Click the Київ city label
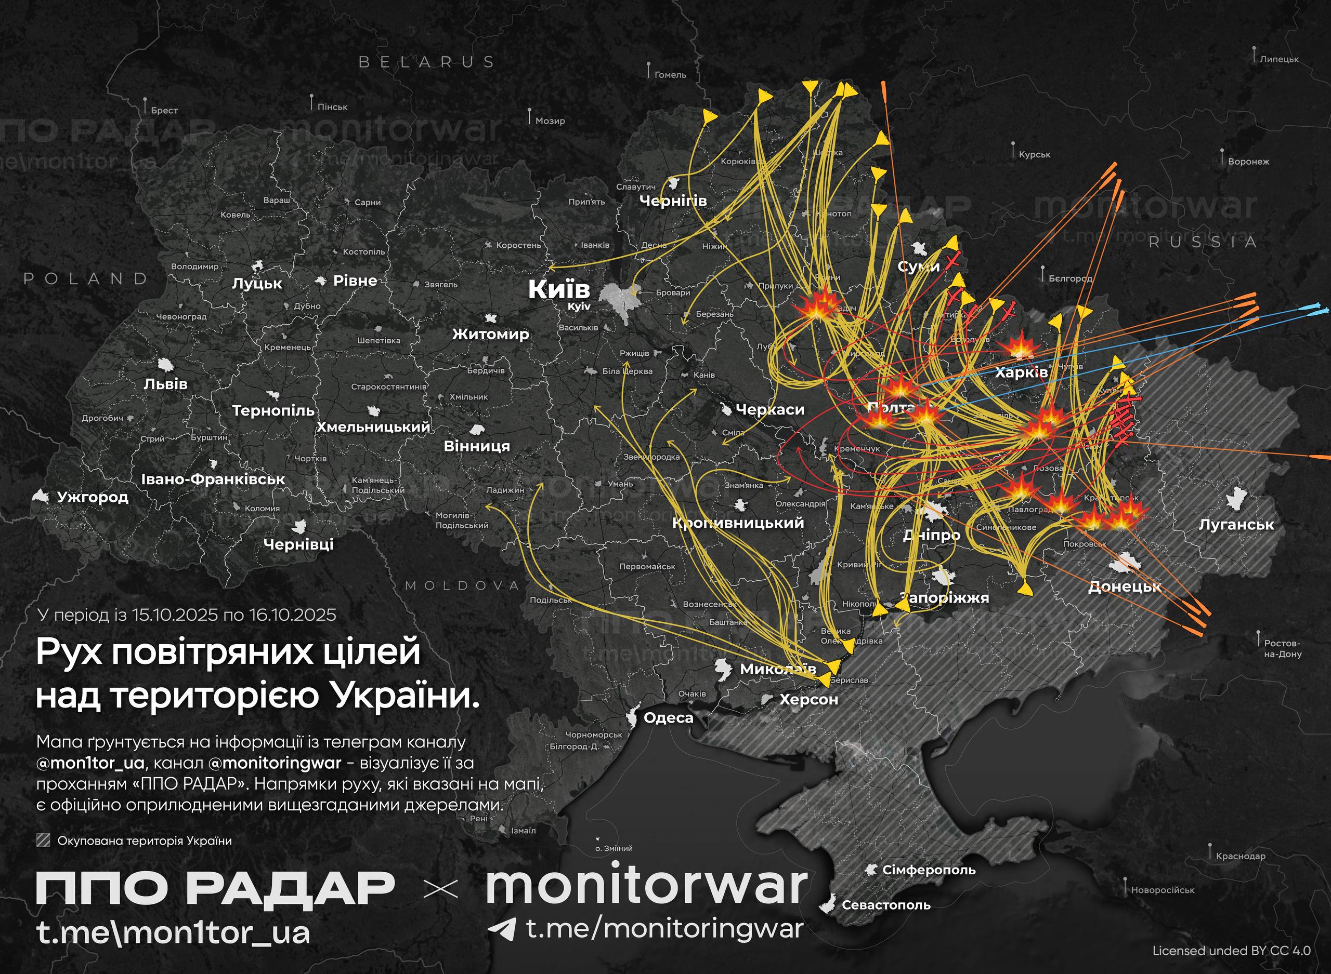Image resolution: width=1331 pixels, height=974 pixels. click(x=558, y=289)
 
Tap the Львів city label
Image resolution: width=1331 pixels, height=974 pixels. click(x=166, y=384)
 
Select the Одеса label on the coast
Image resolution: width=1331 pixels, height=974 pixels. click(x=668, y=718)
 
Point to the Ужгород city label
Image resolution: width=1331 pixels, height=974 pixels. click(x=93, y=497)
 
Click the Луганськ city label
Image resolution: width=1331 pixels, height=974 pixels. click(x=1236, y=525)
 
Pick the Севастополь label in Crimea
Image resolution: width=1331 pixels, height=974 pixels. click(x=885, y=905)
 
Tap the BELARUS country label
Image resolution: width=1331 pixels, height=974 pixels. click(x=426, y=62)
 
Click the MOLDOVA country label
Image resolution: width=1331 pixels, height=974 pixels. click(x=462, y=585)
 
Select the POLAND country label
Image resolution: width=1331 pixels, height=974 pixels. click(x=86, y=278)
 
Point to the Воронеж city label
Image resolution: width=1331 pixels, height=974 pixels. click(x=1248, y=162)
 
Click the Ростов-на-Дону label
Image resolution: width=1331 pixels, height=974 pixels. click(x=1283, y=648)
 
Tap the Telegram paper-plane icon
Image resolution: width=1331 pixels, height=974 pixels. click(x=502, y=929)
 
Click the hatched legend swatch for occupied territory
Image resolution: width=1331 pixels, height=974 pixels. click(x=43, y=840)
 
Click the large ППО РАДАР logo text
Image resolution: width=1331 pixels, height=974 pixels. click(x=215, y=888)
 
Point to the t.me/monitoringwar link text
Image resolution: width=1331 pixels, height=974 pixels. click(x=664, y=929)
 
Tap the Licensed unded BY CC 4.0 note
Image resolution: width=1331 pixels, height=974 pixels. click(x=1231, y=951)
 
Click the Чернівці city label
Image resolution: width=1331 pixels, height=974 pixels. click(x=298, y=544)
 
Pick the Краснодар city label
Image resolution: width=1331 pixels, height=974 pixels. click(x=1240, y=856)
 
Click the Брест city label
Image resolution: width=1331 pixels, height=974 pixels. click(x=164, y=110)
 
